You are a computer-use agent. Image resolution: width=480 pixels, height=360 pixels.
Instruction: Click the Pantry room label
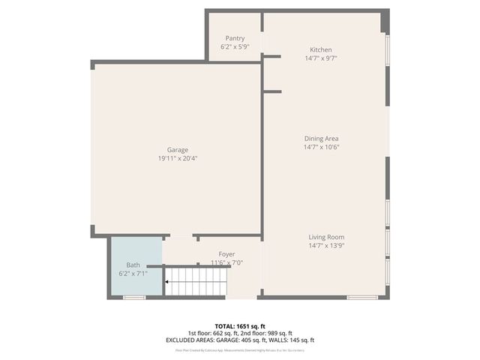(235, 38)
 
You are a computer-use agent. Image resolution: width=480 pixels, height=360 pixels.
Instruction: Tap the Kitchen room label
(321, 49)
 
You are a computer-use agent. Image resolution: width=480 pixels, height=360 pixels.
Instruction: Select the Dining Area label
(321, 138)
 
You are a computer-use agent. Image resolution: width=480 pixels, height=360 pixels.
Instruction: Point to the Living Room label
(325, 237)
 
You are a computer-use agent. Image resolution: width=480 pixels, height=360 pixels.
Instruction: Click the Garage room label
(178, 149)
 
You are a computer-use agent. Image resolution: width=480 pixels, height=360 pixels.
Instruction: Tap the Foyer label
(226, 254)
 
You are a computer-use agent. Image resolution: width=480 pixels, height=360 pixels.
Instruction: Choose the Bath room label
(133, 265)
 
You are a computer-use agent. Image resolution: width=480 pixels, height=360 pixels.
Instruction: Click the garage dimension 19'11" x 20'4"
(178, 158)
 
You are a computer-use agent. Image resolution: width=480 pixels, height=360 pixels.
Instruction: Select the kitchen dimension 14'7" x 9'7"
(321, 58)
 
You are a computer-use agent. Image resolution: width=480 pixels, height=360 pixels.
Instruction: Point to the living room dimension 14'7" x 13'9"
(325, 245)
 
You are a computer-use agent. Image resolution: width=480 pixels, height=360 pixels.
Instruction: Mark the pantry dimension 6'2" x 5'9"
(235, 46)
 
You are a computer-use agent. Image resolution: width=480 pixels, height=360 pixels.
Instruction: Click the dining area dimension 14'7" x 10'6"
(321, 147)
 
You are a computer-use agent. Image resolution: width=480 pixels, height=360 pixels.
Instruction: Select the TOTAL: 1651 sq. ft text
(239, 326)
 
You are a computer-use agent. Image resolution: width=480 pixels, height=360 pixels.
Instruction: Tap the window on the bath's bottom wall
(134, 298)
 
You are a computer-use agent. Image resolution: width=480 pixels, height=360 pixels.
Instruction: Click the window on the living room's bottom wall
(362, 298)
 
